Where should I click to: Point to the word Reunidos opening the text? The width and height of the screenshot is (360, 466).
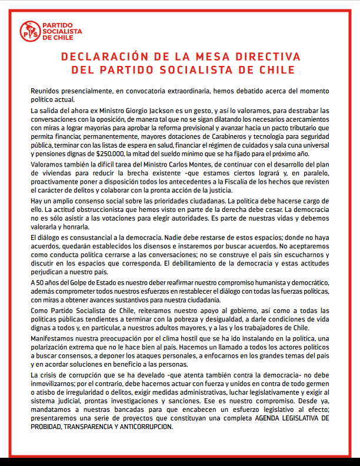pos(46,92)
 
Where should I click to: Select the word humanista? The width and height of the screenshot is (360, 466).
pos(256,283)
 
